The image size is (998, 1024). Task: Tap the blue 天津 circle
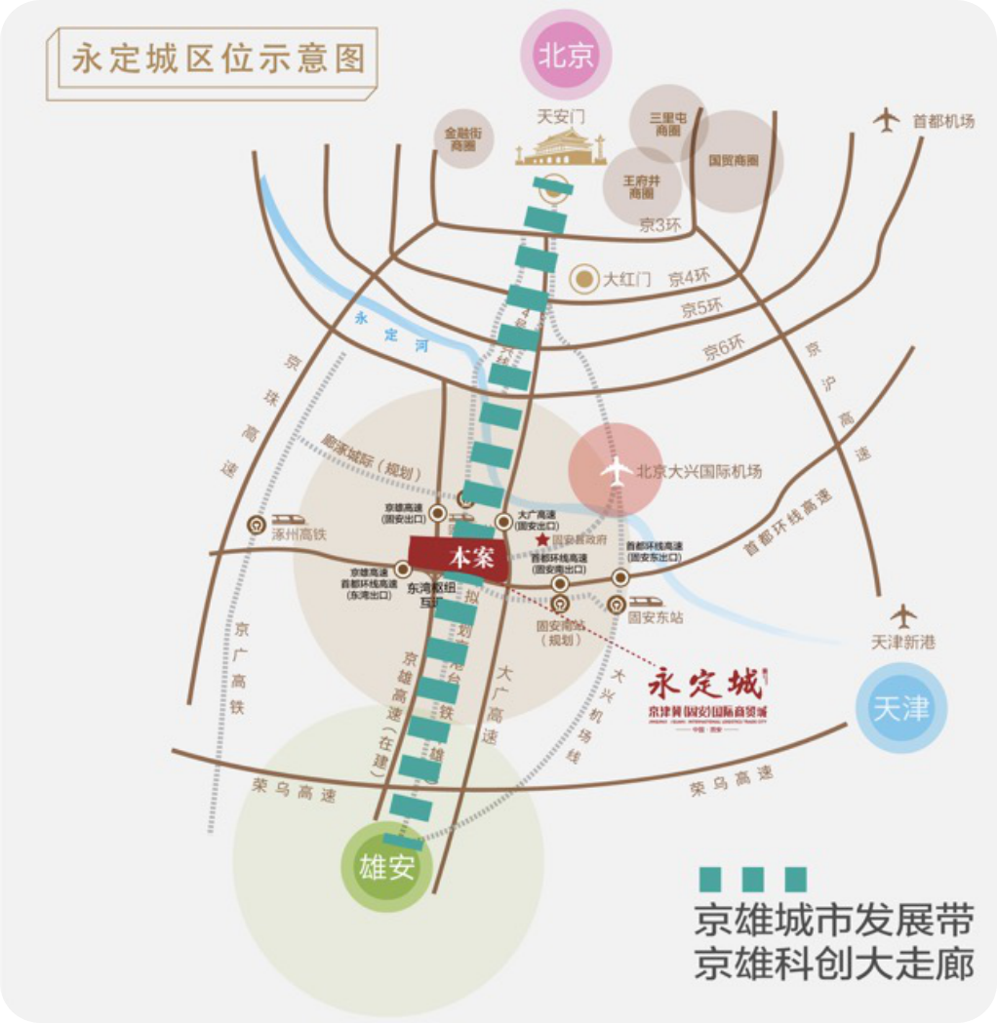pos(900,708)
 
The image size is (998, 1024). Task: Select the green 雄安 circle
pos(387,867)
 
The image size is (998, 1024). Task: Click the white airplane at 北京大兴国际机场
pos(617,471)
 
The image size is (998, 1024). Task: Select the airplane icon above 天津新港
pos(905,616)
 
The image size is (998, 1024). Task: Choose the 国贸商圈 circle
pos(733,161)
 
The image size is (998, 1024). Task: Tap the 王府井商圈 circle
pos(641,185)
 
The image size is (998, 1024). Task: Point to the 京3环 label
pos(659,225)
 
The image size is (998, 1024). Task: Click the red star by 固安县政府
pos(542,539)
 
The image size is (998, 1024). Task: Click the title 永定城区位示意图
pos(219,59)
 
